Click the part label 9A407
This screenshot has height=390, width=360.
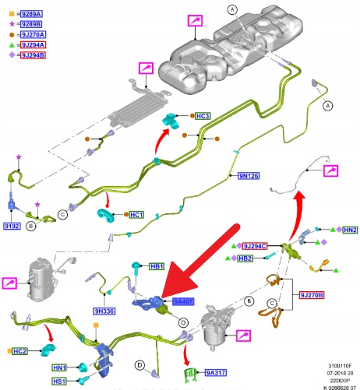183,301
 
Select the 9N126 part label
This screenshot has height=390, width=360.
249,176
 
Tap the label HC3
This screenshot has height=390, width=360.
203,116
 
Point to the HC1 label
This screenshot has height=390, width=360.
136,215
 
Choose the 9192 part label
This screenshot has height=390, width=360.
12,227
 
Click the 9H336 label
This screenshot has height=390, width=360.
104,311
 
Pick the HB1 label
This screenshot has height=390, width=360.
157,266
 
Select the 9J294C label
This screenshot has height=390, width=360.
255,246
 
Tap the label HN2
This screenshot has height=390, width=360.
350,230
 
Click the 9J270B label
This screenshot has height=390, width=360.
312,295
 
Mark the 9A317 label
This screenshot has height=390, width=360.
216,373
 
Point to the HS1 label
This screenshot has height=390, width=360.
59,381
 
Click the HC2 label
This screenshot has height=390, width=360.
19,351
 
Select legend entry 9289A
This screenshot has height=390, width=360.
32,14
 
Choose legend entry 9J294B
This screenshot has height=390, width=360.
33,55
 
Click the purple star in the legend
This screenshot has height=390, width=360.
12,24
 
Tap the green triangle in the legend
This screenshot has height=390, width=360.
12,45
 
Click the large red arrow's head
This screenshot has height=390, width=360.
179,282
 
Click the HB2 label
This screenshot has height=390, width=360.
245,258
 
